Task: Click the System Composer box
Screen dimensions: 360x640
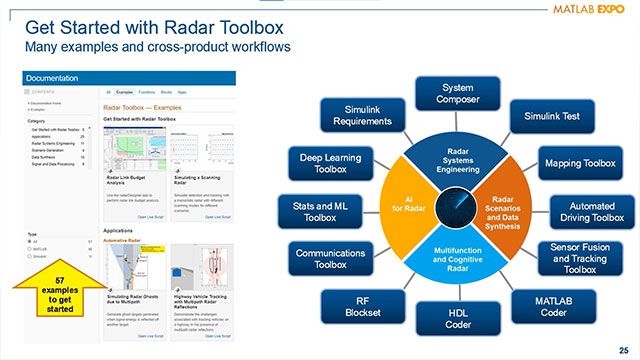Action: click(457, 95)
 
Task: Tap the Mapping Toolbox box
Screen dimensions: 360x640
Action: click(579, 162)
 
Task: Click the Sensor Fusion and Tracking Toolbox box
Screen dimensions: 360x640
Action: click(579, 258)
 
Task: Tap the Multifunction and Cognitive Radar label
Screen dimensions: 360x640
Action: click(457, 257)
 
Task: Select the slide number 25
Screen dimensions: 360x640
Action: click(623, 349)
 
